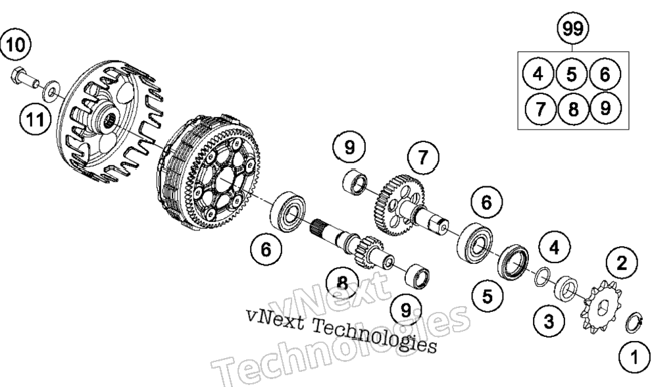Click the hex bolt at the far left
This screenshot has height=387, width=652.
pyautogui.click(x=24, y=78)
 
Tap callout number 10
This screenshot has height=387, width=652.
pyautogui.click(x=16, y=44)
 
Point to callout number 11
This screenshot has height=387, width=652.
pyautogui.click(x=35, y=120)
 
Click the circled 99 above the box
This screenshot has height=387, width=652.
pyautogui.click(x=573, y=28)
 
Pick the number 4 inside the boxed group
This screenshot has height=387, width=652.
pyautogui.click(x=538, y=74)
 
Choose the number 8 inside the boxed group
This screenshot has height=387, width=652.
pyautogui.click(x=573, y=109)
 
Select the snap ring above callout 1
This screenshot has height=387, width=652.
pyautogui.click(x=634, y=322)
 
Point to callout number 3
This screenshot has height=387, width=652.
pyautogui.click(x=549, y=321)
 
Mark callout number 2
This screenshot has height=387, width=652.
pyautogui.click(x=622, y=263)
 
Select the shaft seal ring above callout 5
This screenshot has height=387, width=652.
pyautogui.click(x=513, y=263)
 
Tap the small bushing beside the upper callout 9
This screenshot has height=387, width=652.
pyautogui.click(x=355, y=182)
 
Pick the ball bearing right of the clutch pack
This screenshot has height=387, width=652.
pyautogui.click(x=288, y=212)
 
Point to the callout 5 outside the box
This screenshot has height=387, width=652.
pyautogui.click(x=488, y=296)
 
